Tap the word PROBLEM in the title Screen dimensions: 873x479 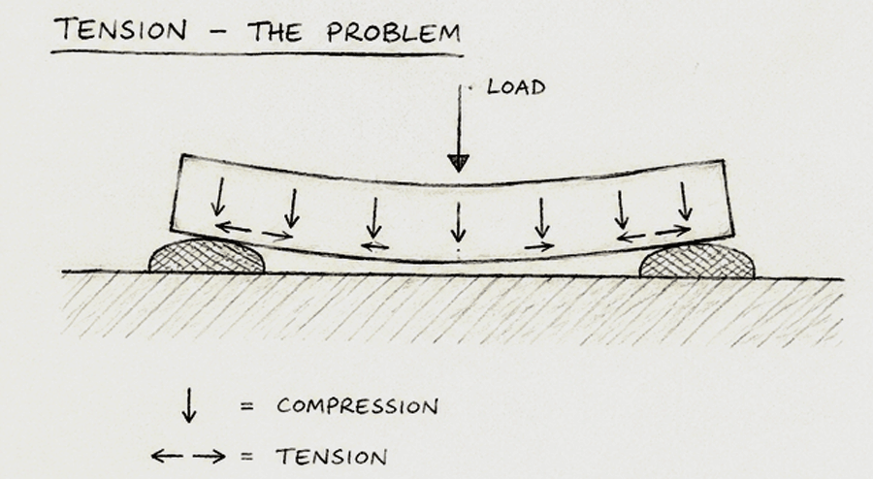click(394, 32)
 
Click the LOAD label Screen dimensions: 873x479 click(516, 87)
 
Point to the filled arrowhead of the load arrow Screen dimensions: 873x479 click(458, 163)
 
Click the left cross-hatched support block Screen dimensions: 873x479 click(207, 256)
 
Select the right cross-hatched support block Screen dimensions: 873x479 click(697, 261)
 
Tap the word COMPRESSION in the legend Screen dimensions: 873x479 click(357, 406)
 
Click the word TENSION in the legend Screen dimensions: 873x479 click(332, 458)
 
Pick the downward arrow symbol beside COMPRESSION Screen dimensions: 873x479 click(189, 405)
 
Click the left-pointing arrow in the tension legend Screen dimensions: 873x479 click(167, 457)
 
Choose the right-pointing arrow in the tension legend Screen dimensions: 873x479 click(210, 457)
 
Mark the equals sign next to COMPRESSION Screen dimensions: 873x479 click(247, 406)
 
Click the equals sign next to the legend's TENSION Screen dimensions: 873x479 click(247, 457)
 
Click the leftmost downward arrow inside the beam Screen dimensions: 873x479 click(219, 197)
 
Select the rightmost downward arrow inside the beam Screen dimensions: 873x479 click(686, 202)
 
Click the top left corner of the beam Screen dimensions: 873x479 click(181, 155)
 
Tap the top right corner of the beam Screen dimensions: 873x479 click(724, 160)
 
